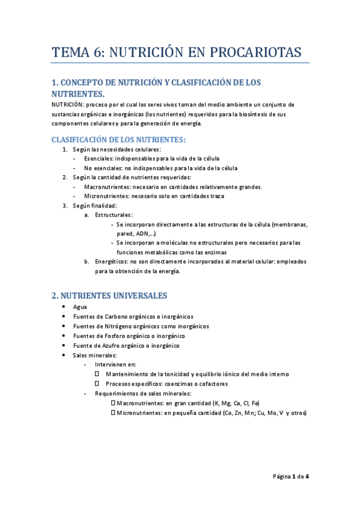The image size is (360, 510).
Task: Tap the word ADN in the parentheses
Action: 144,233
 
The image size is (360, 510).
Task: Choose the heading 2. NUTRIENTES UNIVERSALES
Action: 109,295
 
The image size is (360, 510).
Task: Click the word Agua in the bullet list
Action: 80,307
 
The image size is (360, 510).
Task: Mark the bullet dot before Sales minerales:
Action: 64,355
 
